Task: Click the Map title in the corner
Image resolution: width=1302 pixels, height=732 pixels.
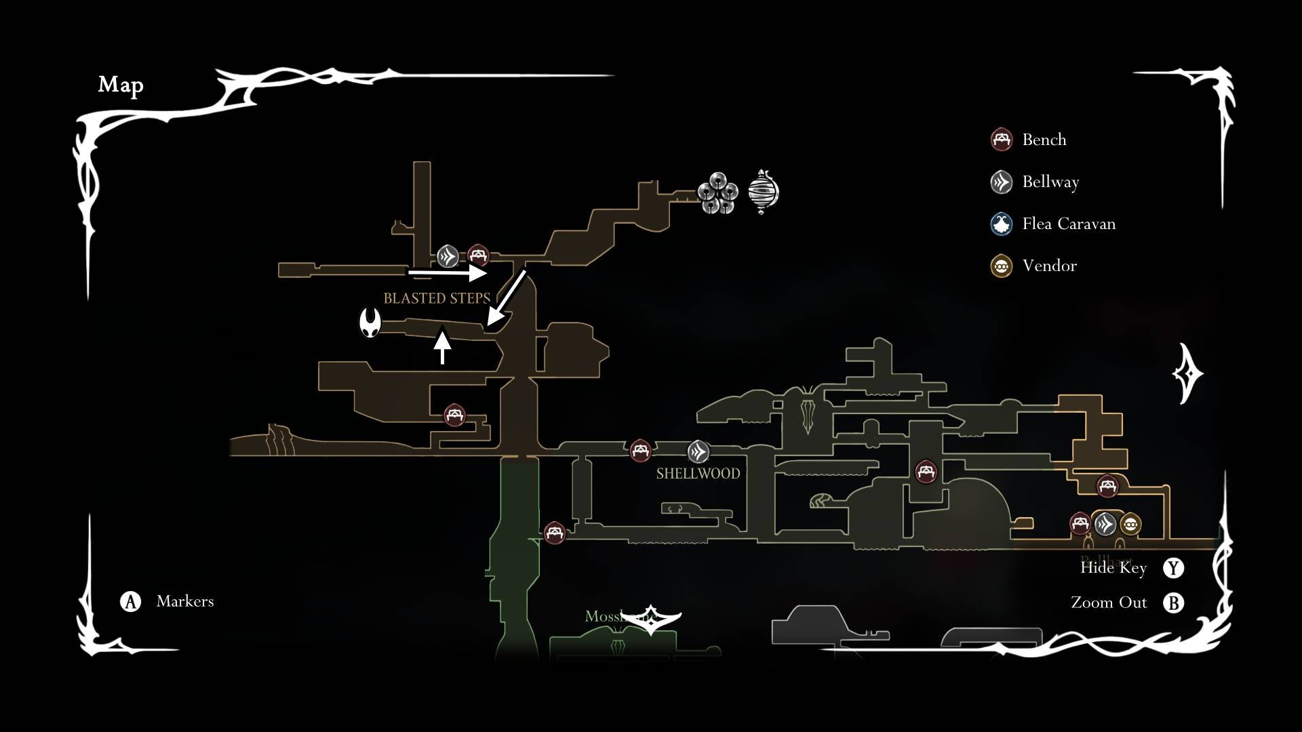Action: point(121,85)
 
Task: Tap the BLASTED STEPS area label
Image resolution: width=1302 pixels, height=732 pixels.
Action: point(437,298)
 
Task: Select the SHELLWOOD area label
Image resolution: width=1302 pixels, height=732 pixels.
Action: point(698,473)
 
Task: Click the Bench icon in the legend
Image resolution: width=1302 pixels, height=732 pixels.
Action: point(1002,140)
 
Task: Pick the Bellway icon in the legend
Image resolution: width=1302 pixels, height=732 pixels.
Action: point(1002,182)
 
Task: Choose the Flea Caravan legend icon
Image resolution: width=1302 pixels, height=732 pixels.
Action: point(1002,224)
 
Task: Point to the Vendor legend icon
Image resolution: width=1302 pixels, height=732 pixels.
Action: point(1002,266)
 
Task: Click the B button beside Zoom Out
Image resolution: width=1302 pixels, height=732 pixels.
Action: point(1174,603)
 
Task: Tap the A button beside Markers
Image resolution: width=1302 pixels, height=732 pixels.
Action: point(130,601)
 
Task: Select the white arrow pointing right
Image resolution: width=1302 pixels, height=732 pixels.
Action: point(448,273)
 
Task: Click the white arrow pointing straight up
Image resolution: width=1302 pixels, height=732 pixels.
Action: point(442,346)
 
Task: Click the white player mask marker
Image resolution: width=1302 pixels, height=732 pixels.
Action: point(370,323)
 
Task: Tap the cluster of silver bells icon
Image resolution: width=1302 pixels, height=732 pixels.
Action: point(717,193)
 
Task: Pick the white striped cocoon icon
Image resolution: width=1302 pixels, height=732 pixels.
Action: point(764,192)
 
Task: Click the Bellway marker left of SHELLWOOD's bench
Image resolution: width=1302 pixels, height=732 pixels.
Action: point(698,451)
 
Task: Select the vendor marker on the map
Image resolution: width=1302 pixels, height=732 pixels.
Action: point(1130,524)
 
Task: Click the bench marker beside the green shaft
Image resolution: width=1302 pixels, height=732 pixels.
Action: point(554,533)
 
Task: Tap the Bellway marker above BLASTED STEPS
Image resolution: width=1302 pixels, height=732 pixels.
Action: point(448,256)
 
